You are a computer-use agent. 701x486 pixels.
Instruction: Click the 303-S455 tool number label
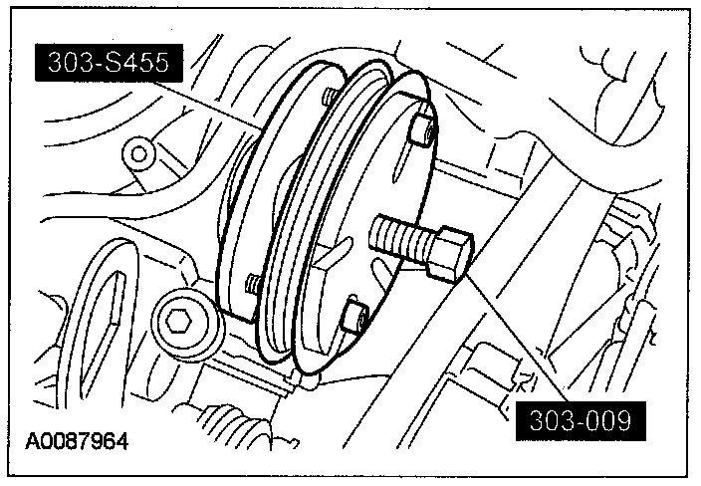tap(110, 63)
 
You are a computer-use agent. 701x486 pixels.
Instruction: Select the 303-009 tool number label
tap(581, 420)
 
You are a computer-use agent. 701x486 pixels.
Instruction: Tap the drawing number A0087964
tap(77, 441)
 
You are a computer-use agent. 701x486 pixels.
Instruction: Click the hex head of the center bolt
tap(449, 254)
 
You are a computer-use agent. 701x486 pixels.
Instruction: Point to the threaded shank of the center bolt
tap(398, 237)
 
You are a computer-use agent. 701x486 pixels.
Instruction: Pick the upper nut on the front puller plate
tap(422, 129)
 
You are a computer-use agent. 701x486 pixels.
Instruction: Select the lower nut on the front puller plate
tap(354, 316)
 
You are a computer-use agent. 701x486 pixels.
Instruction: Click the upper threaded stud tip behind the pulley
tap(329, 96)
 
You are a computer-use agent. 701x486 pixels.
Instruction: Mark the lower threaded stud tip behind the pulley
tap(252, 284)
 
